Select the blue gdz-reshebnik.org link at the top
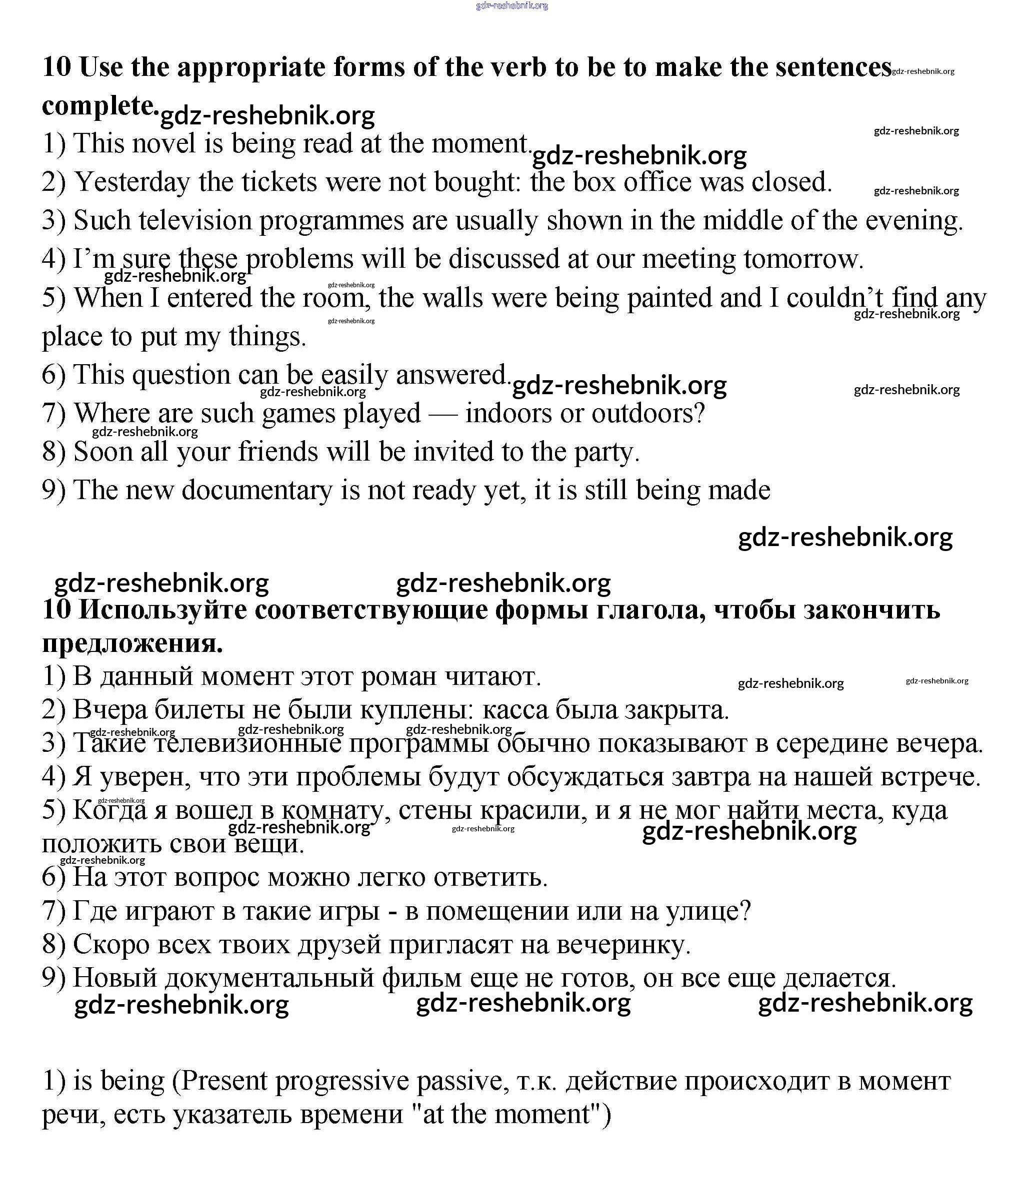pyautogui.click(x=511, y=5)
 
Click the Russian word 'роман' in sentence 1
pyautogui.click(x=399, y=677)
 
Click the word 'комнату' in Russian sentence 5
pyautogui.click(x=332, y=811)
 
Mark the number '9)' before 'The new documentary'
pyautogui.click(x=53, y=491)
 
